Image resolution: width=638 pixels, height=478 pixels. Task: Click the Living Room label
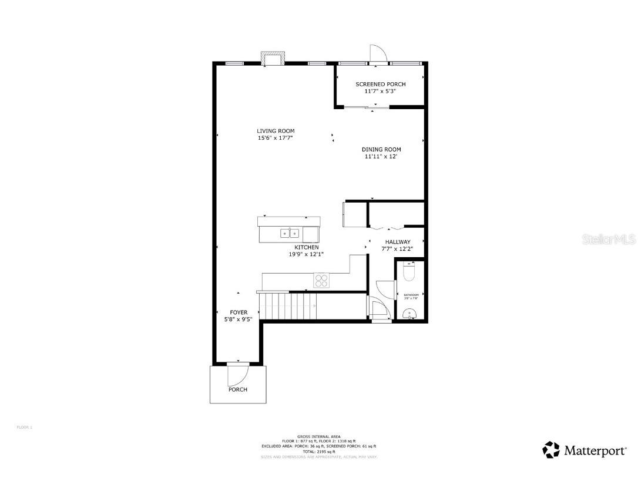point(275,131)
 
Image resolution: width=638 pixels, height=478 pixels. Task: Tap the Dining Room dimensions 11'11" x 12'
point(381,157)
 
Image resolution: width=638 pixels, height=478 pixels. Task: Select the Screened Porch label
point(380,85)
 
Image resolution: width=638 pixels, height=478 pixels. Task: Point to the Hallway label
point(397,242)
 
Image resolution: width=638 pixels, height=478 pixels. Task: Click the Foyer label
point(238,312)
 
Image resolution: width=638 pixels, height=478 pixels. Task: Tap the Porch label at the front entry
point(238,389)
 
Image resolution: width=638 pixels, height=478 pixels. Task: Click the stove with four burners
point(321,280)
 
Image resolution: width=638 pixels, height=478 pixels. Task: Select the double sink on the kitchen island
point(290,233)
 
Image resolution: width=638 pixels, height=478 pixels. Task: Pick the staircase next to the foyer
point(288,305)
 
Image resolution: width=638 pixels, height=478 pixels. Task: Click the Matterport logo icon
point(551,450)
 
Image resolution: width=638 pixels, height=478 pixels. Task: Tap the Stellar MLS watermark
point(612,240)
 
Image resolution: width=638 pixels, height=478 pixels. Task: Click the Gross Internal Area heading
point(319,436)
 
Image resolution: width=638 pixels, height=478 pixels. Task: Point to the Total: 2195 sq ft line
point(319,451)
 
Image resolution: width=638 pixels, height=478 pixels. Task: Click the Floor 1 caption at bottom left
point(24,427)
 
